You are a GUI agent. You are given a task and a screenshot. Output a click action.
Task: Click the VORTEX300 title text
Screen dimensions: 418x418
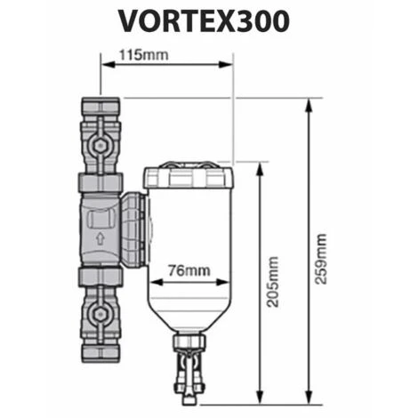point(209,21)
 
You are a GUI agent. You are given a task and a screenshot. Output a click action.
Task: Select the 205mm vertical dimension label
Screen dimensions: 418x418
point(272,281)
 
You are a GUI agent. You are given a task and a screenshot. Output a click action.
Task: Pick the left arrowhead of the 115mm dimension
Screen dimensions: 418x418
point(101,65)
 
